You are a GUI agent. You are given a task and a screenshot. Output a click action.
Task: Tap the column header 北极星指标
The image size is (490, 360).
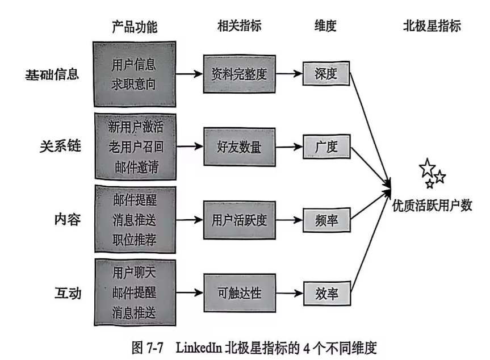click(x=432, y=26)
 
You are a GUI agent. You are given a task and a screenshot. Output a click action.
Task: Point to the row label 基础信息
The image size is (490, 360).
click(x=52, y=76)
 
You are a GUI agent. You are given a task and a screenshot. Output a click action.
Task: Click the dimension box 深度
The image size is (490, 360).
click(x=326, y=74)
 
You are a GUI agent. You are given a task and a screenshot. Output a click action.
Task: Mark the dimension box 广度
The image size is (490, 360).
click(x=326, y=147)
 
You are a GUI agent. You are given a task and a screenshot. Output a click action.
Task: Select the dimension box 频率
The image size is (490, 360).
click(x=326, y=219)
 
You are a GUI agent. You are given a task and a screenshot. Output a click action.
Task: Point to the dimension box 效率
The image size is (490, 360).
click(x=326, y=294)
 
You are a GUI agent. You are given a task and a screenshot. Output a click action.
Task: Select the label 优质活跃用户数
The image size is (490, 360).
click(x=432, y=206)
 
